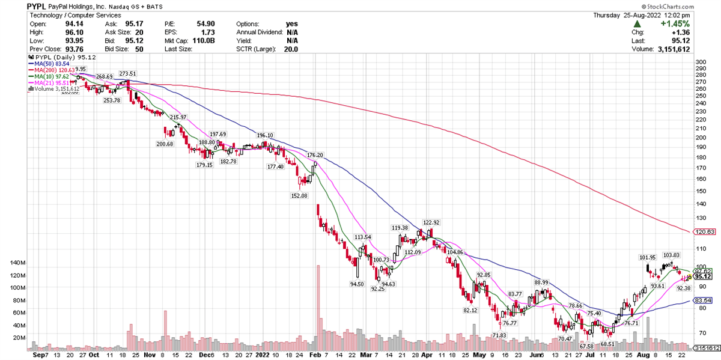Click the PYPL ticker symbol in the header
[x=37, y=5]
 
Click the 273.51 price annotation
[x=127, y=74]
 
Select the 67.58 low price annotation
[x=586, y=346]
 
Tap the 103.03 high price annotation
[x=671, y=255]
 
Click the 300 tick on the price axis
[x=699, y=62]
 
